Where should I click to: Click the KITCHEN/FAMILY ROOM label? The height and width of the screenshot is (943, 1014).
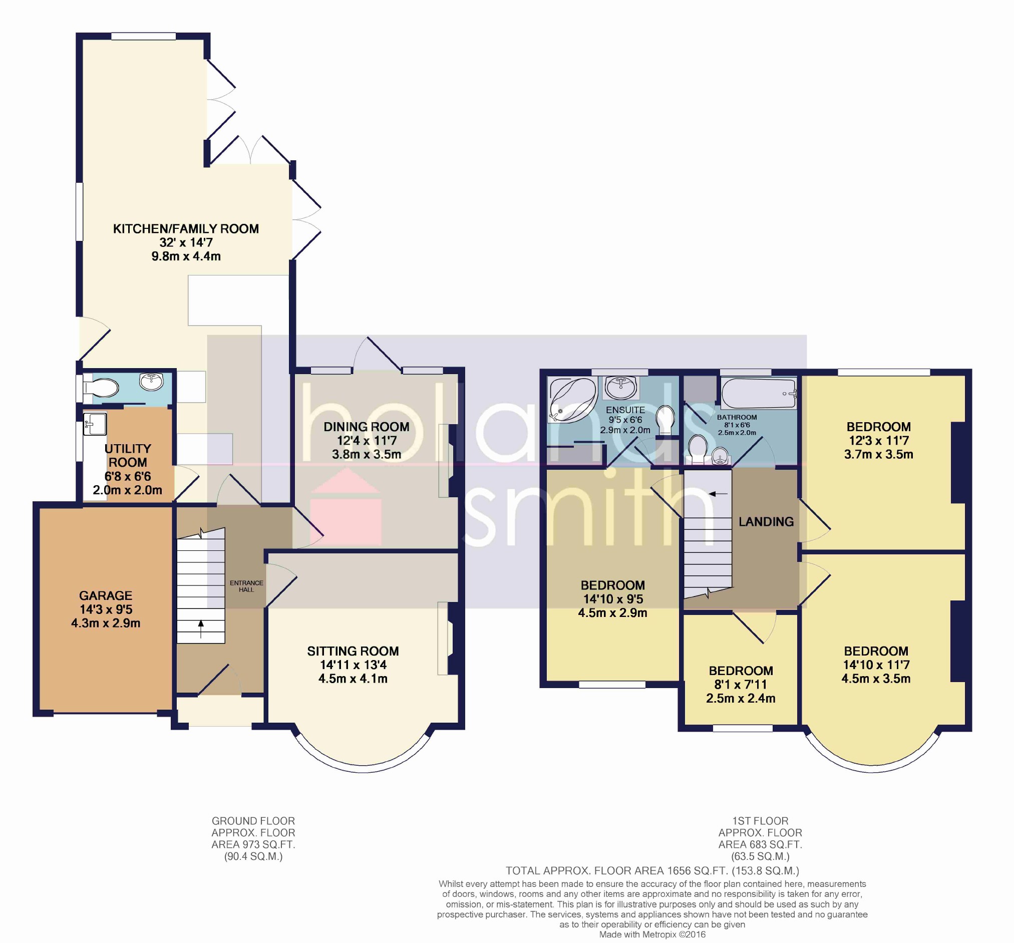186,229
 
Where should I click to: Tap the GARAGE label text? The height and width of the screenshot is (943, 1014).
106,595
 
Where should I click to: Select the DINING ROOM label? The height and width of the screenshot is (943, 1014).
366,427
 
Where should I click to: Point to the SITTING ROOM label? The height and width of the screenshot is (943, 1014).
353,651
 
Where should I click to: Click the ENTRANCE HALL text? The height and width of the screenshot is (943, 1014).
246,586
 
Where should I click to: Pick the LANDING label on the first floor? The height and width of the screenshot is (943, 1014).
766,521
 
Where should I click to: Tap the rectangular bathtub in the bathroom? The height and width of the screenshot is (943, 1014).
759,393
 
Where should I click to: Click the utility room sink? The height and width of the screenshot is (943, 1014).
95,424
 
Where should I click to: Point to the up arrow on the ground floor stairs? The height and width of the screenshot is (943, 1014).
200,629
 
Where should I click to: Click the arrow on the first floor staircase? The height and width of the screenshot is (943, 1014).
718,494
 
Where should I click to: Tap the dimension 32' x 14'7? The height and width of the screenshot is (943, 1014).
186,243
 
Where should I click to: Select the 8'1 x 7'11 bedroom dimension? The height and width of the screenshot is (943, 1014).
741,685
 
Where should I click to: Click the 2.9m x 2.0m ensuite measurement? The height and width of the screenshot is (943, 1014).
625,430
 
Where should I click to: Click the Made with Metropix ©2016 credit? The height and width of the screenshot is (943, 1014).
652,934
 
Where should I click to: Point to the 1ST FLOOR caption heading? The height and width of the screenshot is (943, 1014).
760,821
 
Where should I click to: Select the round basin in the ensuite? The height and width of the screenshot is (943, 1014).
621,388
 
